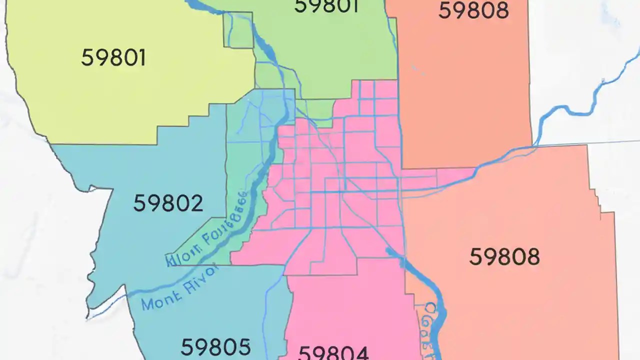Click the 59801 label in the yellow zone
(113, 58)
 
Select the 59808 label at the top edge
(473, 10)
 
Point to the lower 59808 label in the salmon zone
(504, 256)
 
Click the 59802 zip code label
(168, 203)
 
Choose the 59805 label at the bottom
(215, 346)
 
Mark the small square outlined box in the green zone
(238, 30)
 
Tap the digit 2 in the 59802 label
(195, 203)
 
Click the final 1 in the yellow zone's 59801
(141, 58)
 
